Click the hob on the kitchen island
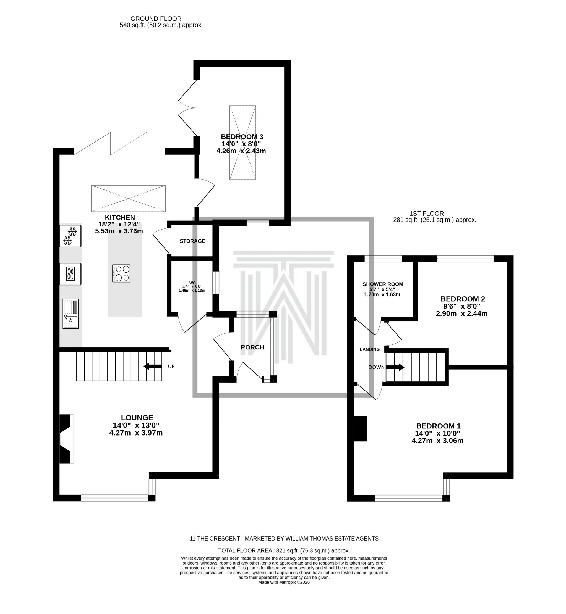click(121, 273)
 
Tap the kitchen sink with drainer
click(71, 314)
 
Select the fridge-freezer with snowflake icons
click(71, 236)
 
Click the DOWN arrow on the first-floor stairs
click(395, 367)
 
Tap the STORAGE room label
click(192, 241)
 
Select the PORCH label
click(252, 347)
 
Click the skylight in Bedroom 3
click(242, 143)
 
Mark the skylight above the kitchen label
click(128, 198)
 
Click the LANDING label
click(370, 349)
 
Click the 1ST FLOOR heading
click(427, 214)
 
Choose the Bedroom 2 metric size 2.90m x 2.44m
click(461, 313)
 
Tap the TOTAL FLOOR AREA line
click(284, 551)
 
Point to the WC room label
click(192, 283)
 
